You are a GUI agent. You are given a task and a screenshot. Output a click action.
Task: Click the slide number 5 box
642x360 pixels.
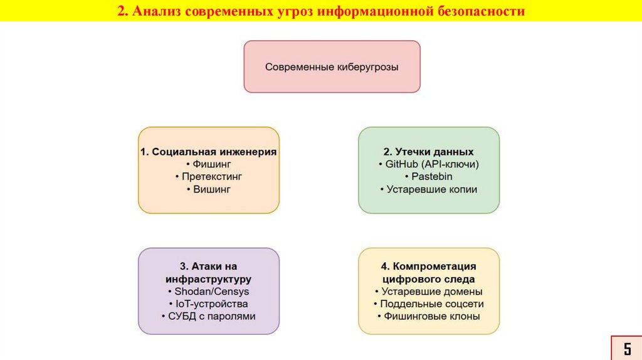click(x=626, y=348)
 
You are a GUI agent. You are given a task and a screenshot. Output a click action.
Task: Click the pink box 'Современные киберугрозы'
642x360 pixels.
click(x=332, y=66)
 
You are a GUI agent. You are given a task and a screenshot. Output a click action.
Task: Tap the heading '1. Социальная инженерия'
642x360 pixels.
click(x=209, y=152)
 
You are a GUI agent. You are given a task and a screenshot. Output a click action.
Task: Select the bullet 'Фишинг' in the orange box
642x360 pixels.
click(x=209, y=164)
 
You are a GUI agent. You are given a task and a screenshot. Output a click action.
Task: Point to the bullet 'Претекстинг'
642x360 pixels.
click(x=209, y=177)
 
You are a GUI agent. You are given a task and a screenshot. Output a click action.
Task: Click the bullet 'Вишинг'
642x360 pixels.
click(x=209, y=189)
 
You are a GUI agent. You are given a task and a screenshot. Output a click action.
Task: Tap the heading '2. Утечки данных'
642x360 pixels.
click(x=429, y=152)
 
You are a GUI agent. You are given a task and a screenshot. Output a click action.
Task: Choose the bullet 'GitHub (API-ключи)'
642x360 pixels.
click(x=429, y=164)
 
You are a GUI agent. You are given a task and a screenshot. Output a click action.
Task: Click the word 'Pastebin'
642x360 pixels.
click(x=432, y=177)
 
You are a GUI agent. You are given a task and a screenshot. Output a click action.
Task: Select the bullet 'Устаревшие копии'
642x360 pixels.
click(x=429, y=189)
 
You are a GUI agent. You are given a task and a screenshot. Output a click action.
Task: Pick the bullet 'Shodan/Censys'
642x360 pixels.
click(x=209, y=292)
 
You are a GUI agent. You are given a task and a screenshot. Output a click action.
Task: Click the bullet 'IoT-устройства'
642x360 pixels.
click(x=209, y=304)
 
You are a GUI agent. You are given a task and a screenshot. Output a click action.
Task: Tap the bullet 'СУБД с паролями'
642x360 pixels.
click(x=209, y=317)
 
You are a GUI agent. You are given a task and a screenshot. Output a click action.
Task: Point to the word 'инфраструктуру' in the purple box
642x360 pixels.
click(x=209, y=279)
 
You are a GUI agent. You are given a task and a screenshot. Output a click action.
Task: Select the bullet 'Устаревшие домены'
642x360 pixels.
click(x=429, y=292)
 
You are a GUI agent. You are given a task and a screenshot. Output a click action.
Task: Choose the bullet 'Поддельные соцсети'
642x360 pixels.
click(x=429, y=304)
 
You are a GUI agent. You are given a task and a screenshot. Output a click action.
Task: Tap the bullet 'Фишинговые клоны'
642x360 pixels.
click(x=429, y=317)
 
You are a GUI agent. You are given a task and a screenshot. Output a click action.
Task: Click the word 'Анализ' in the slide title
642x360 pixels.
click(x=154, y=12)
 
